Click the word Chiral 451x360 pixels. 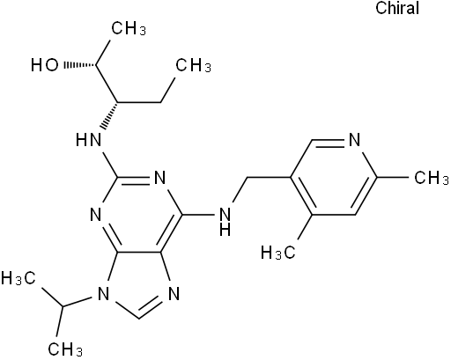[x=397, y=8]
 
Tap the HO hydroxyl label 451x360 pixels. [x=45, y=65]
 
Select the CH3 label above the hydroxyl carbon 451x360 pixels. [x=129, y=28]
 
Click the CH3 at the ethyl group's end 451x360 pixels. [x=193, y=65]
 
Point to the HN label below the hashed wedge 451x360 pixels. [x=88, y=140]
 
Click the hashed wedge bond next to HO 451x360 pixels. [x=80, y=65]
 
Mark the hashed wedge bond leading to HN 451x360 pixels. [x=109, y=116]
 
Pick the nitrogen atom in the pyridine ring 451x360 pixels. [x=354, y=140]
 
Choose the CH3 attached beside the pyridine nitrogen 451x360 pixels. [x=432, y=178]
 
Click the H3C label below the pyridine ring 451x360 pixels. [x=278, y=253]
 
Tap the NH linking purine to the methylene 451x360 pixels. [x=225, y=221]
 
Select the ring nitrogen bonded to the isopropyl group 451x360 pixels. [x=103, y=294]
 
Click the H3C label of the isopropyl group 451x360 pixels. [x=18, y=278]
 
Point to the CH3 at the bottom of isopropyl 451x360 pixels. [x=65, y=349]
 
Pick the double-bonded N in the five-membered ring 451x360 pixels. [x=174, y=294]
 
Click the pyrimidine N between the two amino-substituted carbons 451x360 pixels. [x=159, y=178]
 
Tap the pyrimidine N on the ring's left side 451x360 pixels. [x=96, y=215]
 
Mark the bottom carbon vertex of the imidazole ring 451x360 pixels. [x=138, y=319]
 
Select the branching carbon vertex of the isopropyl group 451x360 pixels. [x=63, y=307]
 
